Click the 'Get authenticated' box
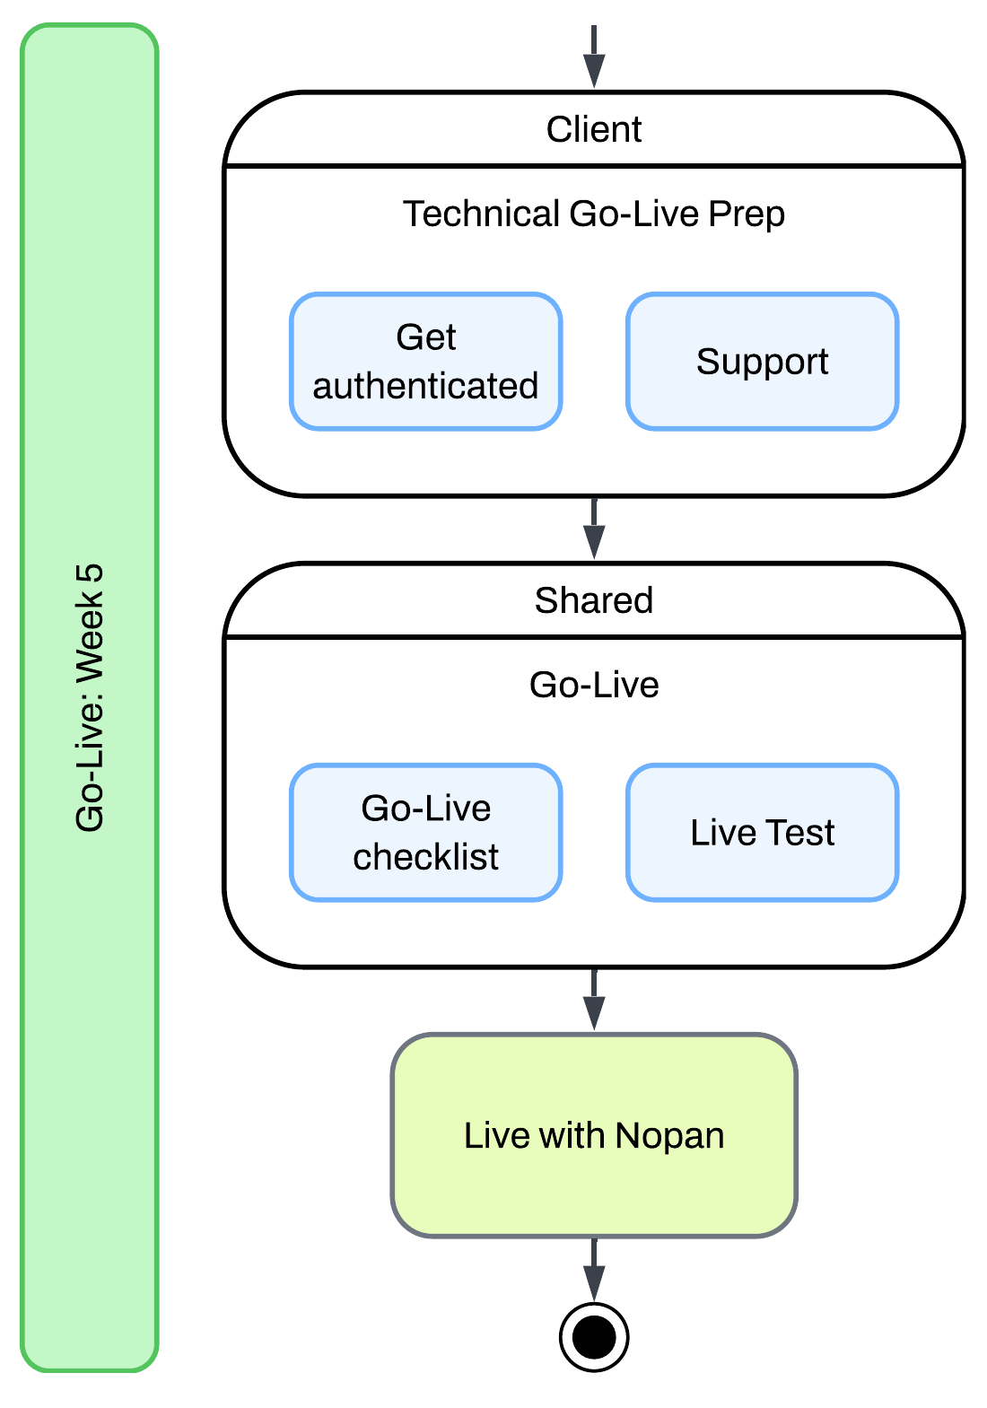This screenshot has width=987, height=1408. tap(425, 362)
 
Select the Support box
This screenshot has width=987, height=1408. tap(762, 362)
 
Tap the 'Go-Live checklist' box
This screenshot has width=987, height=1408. tap(425, 833)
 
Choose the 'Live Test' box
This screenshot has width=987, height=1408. tap(762, 833)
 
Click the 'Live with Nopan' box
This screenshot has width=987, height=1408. tap(594, 1135)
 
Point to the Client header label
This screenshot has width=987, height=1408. tap(594, 129)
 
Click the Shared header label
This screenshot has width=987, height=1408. tap(594, 600)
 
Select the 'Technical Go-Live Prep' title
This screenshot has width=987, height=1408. tap(594, 214)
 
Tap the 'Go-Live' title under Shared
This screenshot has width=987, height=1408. tap(594, 685)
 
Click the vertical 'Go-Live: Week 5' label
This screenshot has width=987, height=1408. tap(90, 698)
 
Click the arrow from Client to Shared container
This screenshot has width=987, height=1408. tap(594, 529)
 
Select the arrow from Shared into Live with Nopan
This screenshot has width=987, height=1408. tap(594, 1000)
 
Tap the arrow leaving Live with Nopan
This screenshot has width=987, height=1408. tap(594, 1270)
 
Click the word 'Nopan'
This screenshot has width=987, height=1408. tap(669, 1136)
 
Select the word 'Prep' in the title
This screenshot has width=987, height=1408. tap(747, 214)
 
